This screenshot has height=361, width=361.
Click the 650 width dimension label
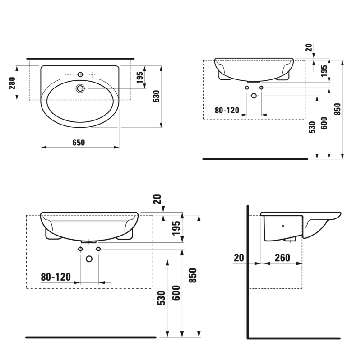(x=79, y=143)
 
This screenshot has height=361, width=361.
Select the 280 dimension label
(x=12, y=83)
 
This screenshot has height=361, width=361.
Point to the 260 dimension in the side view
(x=282, y=258)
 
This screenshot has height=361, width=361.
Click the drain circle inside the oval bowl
(x=81, y=88)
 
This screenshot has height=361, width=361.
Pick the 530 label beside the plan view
(x=156, y=97)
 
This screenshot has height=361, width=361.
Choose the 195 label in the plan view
(x=140, y=77)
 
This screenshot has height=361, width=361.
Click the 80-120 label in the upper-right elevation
(x=227, y=110)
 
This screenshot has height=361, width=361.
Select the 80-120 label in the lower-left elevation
(x=56, y=277)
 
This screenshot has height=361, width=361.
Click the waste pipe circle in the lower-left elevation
(x=89, y=259)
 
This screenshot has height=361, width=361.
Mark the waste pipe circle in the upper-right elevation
(x=254, y=96)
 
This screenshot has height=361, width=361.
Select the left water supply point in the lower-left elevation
(x=80, y=249)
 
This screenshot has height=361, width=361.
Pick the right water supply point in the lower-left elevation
(x=98, y=249)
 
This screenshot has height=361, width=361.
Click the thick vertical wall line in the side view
(x=247, y=271)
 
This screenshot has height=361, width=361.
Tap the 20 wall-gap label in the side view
(x=239, y=258)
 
